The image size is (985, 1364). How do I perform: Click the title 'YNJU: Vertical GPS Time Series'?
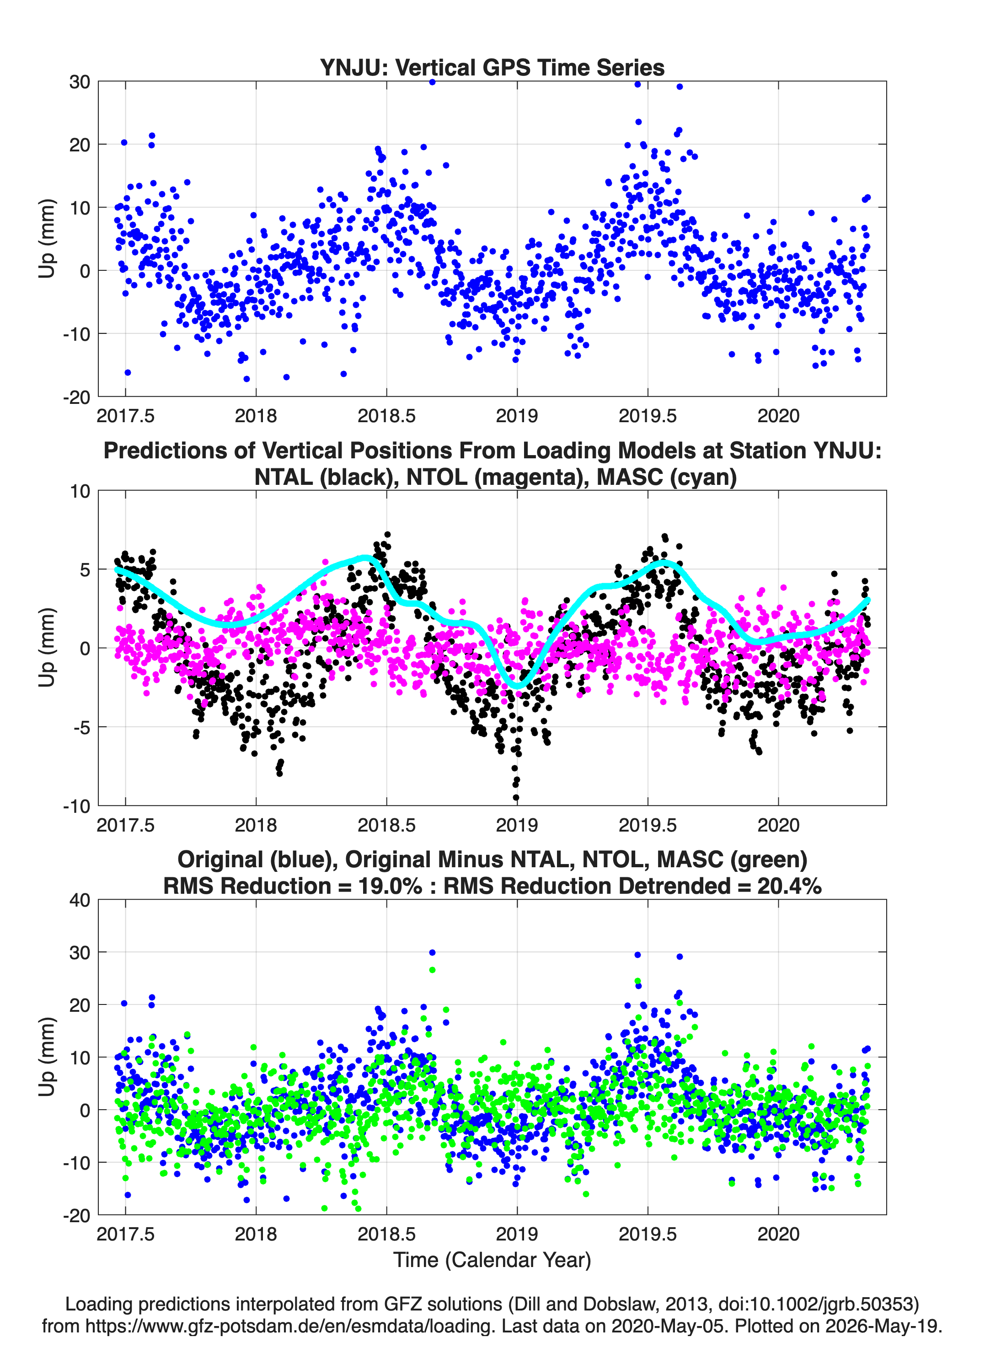click(492, 67)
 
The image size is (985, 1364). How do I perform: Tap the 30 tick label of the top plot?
click(80, 82)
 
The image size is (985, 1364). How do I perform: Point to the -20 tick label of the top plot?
click(76, 397)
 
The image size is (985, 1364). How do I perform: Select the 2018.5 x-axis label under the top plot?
click(387, 416)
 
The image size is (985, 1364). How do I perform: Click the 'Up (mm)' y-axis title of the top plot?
click(47, 239)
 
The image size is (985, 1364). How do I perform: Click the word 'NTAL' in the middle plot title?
click(284, 477)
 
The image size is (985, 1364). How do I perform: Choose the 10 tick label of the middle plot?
click(80, 491)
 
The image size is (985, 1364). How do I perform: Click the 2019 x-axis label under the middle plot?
click(517, 825)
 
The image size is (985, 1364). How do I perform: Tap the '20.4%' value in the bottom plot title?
click(790, 886)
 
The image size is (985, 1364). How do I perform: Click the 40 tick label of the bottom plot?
click(80, 900)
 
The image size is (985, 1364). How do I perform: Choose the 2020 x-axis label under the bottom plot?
click(779, 1234)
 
